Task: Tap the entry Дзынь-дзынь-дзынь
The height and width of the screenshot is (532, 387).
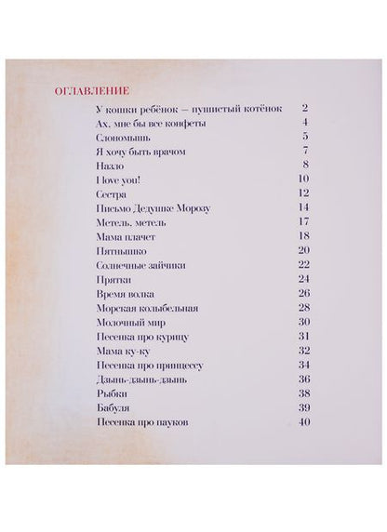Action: (137, 379)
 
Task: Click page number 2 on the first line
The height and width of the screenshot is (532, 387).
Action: (304, 109)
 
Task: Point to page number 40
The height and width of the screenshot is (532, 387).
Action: (303, 422)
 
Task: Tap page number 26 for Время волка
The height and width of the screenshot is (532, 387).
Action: (303, 293)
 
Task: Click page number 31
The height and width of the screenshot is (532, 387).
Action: (303, 336)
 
